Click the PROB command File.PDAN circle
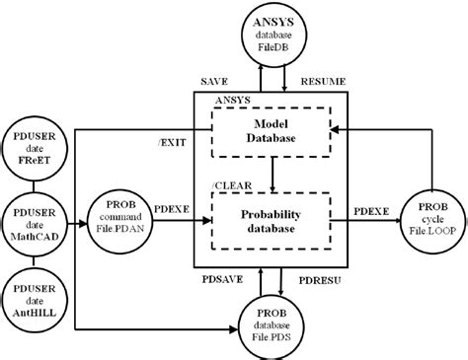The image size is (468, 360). pyautogui.click(x=127, y=213)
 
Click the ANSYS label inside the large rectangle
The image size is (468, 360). pyautogui.click(x=231, y=99)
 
